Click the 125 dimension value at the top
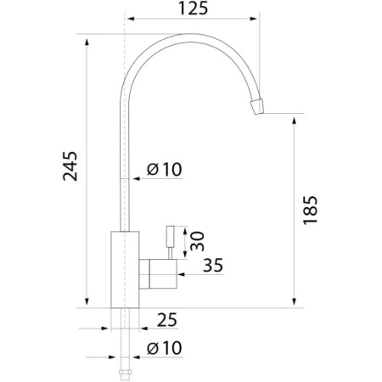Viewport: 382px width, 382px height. coord(194,8)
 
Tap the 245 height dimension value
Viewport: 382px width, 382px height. coord(70,166)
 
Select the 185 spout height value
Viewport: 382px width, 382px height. coord(310,210)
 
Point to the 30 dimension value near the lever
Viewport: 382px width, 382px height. coord(197,241)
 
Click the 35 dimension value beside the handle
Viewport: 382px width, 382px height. coord(213,265)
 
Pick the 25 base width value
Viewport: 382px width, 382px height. coord(167,320)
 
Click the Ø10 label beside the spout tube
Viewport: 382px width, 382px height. coord(165,169)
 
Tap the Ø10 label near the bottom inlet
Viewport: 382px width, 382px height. coord(165,348)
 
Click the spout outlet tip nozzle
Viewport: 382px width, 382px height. coord(257,106)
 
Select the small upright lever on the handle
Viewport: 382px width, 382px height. coord(170,242)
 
